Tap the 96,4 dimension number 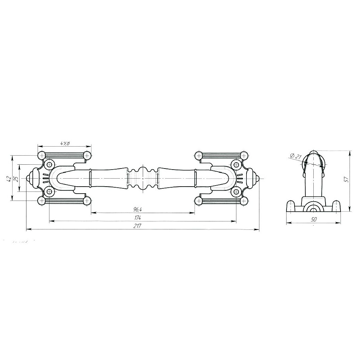137,209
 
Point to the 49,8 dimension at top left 65,143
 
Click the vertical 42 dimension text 8,179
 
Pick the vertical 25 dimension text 16,178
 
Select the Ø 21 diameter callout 296,156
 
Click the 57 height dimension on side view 346,179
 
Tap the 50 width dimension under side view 314,219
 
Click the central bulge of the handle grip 143,178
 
